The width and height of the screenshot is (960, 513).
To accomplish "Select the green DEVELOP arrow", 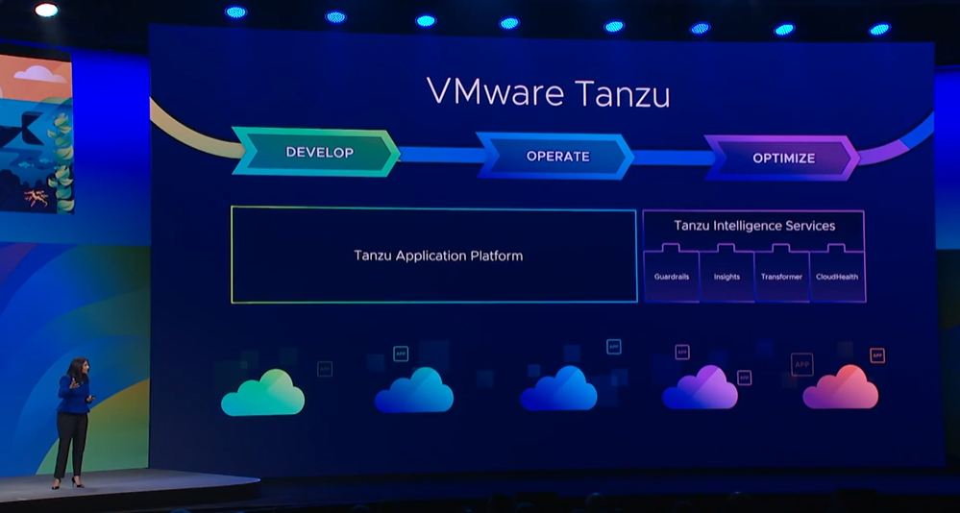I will pos(318,152).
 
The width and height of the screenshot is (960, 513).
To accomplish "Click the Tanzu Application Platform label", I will pos(438,256).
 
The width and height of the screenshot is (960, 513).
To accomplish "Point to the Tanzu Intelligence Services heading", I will pos(753,226).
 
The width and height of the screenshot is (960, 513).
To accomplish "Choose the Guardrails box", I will pos(672,276).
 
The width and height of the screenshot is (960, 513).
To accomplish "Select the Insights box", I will pos(726,276).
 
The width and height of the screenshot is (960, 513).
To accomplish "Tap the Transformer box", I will pos(781,276).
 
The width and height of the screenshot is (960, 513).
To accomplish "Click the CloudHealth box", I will pos(837,276).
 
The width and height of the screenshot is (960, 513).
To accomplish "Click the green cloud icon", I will pos(262,393).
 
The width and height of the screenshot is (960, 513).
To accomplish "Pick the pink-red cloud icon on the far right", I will pos(841,387).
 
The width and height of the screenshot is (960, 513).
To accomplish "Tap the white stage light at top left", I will pos(45,10).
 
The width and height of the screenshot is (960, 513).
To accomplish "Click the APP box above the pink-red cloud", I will pos(877,355).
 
